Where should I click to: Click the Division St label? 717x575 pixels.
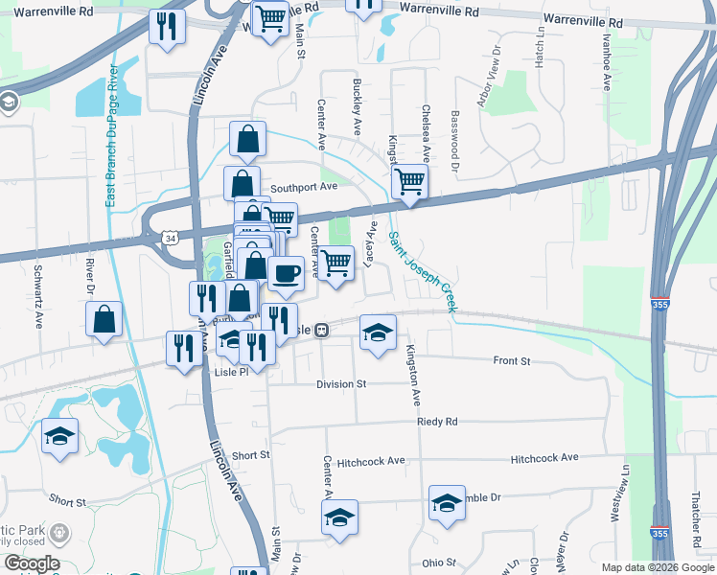[341, 383]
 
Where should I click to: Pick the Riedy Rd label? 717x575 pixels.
[437, 422]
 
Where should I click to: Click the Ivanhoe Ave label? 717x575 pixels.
[606, 63]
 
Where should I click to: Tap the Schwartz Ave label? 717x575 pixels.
[39, 293]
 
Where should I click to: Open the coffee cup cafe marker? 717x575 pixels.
[286, 273]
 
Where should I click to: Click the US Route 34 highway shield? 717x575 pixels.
[170, 236]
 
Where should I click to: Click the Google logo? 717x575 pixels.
[31, 563]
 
